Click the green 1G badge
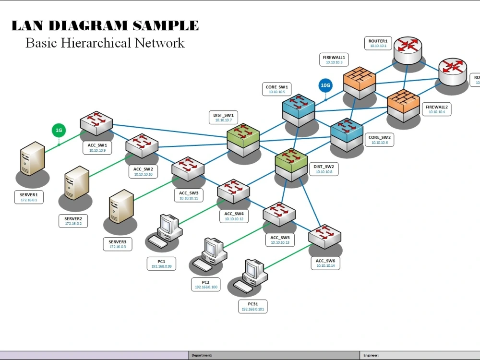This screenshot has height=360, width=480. point(59,130)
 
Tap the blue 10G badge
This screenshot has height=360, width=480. point(325,86)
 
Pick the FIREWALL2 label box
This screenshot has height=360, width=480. point(436,109)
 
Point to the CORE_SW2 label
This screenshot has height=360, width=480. point(380,140)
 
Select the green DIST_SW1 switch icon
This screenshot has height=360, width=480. point(243,136)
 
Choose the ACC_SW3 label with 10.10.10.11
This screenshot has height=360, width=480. point(189,195)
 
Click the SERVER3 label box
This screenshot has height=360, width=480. point(118,244)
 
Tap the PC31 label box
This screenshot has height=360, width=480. point(253,307)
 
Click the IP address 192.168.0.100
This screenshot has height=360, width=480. point(206,287)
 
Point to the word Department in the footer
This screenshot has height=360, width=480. point(202,355)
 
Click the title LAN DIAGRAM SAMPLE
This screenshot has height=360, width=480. point(105,25)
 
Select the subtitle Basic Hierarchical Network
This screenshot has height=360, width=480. point(105,43)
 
